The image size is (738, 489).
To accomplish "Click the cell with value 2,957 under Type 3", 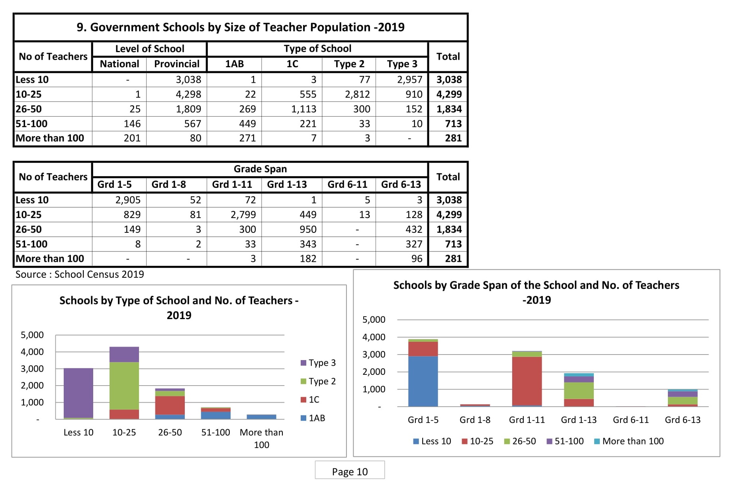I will click(x=409, y=80).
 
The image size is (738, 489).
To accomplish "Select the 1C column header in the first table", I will click(x=292, y=64).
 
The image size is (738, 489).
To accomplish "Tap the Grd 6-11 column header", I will click(x=347, y=185).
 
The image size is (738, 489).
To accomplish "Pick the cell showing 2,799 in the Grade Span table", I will click(x=243, y=215).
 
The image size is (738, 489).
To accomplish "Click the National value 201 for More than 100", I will click(x=132, y=138).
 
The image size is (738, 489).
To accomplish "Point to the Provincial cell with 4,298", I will click(x=188, y=94).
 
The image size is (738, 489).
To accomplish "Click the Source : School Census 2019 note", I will click(x=80, y=275).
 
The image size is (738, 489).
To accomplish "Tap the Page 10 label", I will click(x=350, y=471).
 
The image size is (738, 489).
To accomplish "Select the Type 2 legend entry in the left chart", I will click(x=318, y=381).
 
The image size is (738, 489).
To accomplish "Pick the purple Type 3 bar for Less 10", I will click(x=78, y=392).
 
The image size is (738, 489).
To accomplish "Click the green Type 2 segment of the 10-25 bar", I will click(x=124, y=385).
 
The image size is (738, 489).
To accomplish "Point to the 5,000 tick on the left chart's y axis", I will click(x=32, y=335).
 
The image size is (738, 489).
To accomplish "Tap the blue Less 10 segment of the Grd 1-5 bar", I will click(x=423, y=381).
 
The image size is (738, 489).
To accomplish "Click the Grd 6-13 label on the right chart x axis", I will click(x=682, y=420).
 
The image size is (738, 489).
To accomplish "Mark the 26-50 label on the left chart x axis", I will click(x=170, y=433).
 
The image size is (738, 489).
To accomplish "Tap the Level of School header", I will click(x=150, y=49).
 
